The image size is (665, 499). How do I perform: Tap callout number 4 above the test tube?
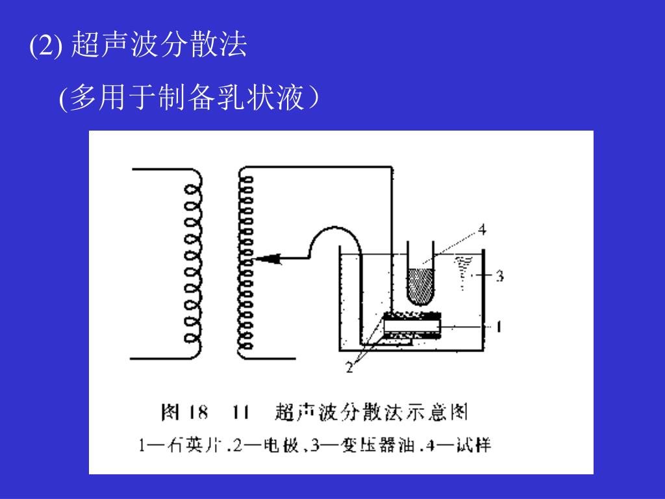click(481, 229)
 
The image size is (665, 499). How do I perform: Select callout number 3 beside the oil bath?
click(499, 276)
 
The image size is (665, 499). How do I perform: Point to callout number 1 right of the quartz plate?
click(498, 327)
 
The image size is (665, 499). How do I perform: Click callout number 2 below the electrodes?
click(349, 368)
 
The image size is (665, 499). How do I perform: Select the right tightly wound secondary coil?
click(245, 263)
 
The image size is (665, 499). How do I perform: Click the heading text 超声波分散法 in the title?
click(159, 45)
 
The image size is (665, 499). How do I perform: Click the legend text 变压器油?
click(382, 446)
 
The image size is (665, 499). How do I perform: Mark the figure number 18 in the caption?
click(198, 412)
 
